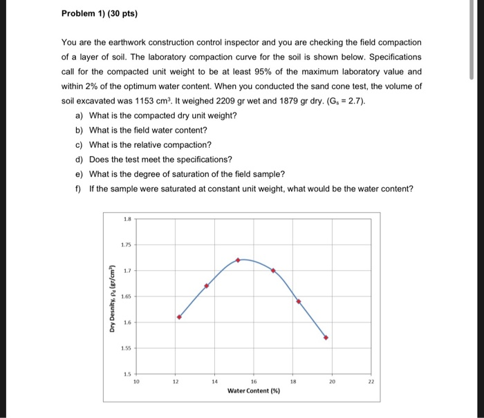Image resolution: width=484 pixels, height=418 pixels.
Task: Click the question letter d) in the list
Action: pos(80,159)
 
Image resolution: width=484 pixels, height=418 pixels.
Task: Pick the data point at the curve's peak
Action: pos(239,260)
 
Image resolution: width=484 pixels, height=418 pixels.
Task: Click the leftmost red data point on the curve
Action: pos(179,317)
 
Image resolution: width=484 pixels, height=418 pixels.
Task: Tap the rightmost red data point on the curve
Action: pos(326,338)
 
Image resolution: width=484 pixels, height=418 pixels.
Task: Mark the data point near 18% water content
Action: pos(299,301)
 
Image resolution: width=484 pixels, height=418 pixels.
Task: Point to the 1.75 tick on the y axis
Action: pos(126,244)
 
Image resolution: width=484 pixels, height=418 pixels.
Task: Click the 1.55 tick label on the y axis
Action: pos(126,348)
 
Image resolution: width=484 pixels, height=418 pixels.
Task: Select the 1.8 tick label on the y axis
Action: pos(126,218)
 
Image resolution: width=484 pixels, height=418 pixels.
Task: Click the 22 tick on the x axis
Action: pos(371,381)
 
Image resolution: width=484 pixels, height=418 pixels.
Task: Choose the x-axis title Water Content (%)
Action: pos(252,391)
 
